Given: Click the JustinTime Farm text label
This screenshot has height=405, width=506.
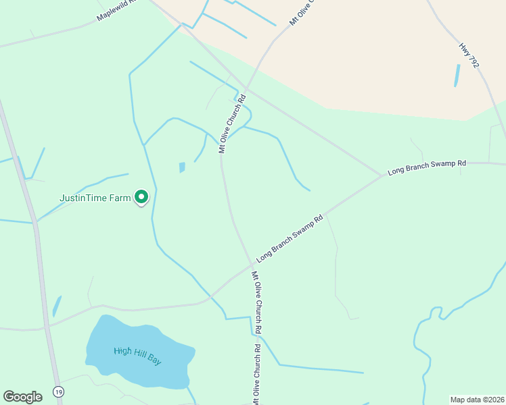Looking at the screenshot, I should (95, 198).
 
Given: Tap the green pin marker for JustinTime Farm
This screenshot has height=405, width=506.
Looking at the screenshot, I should (141, 196).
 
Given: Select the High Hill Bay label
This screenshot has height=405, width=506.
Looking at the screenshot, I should (138, 356).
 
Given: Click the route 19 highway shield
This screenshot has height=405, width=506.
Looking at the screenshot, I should (59, 392).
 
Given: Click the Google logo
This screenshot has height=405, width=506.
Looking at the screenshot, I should (22, 397).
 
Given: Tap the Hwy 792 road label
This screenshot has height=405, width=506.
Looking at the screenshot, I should (469, 55).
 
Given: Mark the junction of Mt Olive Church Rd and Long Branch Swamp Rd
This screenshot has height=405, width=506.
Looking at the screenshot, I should (252, 264).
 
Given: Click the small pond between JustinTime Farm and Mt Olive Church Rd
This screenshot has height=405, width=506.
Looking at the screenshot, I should (181, 167).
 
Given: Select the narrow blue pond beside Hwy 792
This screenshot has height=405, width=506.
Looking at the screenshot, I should (457, 75).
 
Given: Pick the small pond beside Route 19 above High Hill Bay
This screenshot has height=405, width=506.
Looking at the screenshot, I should (56, 306).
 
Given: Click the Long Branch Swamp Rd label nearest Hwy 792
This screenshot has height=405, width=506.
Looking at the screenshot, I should (427, 167).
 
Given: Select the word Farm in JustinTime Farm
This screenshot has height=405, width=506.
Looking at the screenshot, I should (119, 198).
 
